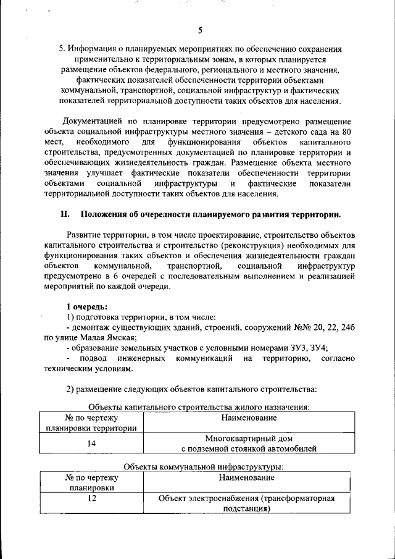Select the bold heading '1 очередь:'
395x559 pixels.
click(87, 306)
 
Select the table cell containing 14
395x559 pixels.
click(91, 443)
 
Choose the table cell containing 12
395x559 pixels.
click(91, 498)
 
